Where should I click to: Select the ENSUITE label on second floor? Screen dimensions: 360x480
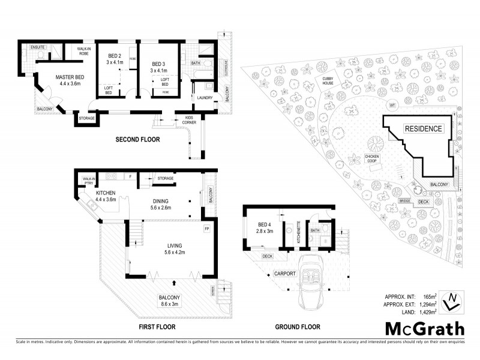click(x=38, y=47)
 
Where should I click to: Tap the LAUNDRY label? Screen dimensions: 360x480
click(x=205, y=98)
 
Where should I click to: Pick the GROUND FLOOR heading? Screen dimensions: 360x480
click(x=298, y=327)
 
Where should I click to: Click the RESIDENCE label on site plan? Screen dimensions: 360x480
click(x=422, y=128)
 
